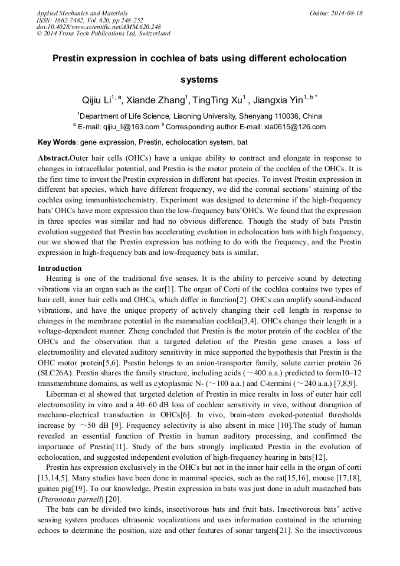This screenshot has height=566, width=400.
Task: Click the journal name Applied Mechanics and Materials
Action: click(x=81, y=13)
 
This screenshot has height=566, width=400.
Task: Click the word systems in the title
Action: click(x=199, y=79)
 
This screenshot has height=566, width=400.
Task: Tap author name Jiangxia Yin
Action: click(x=280, y=101)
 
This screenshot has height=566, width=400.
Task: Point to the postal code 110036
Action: click(x=284, y=116)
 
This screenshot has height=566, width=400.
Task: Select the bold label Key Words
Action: click(x=57, y=142)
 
